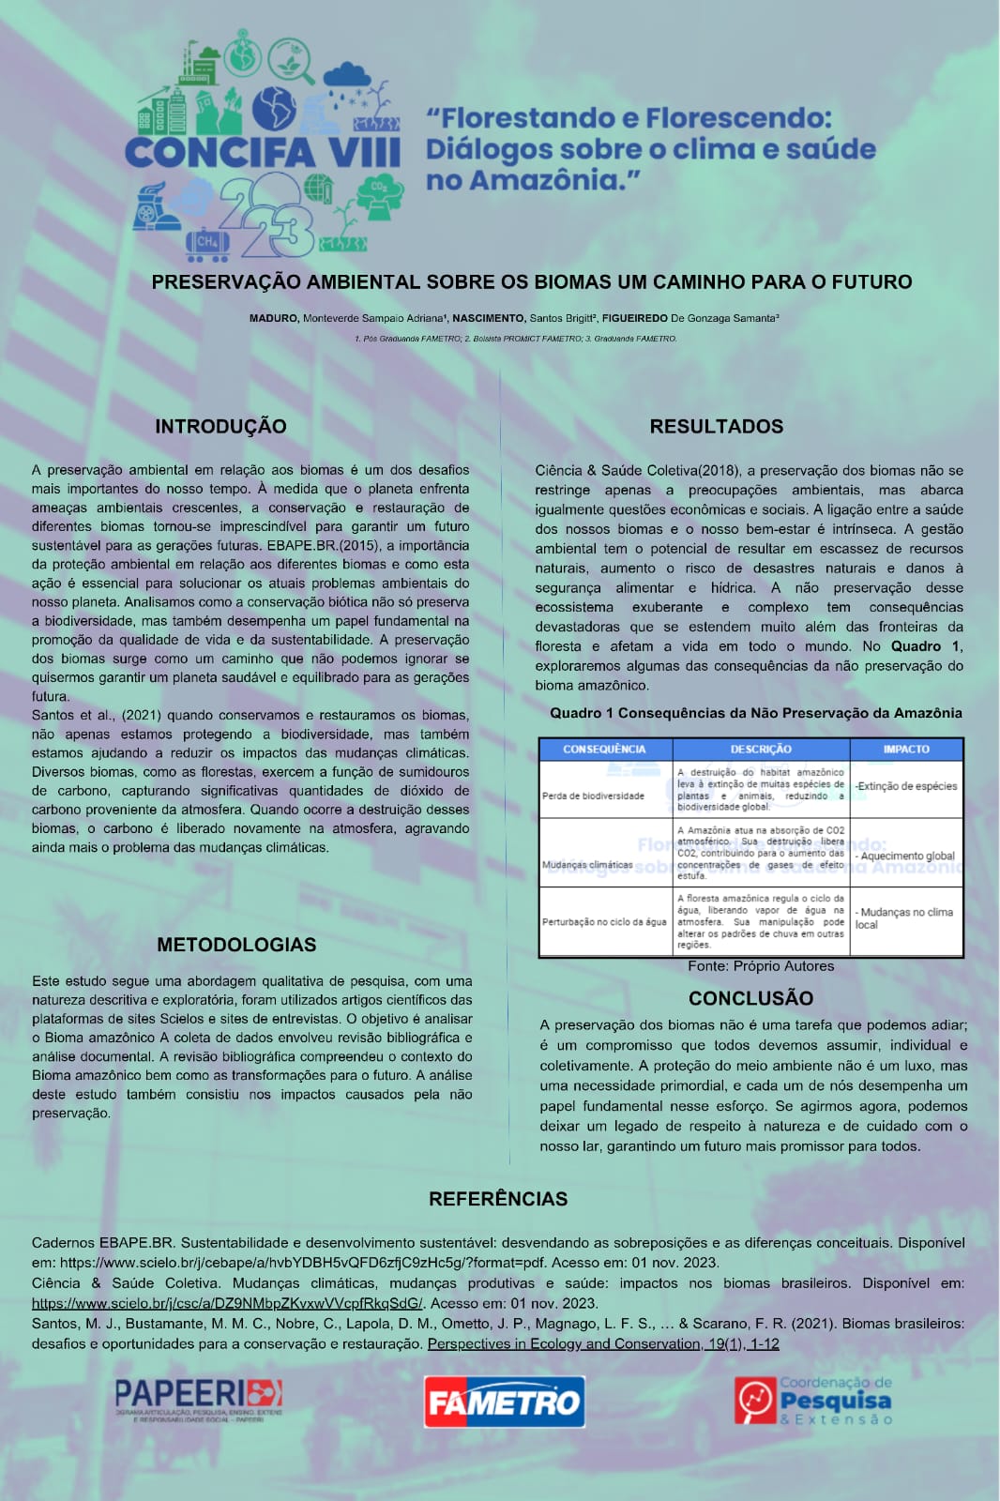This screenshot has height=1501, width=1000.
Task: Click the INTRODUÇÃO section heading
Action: tap(220, 426)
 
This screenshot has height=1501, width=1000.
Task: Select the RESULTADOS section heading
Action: tap(716, 426)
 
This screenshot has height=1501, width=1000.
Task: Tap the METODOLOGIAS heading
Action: tap(236, 945)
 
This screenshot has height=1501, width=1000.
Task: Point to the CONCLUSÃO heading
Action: tap(750, 998)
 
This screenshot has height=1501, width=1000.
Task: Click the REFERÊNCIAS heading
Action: tap(498, 1199)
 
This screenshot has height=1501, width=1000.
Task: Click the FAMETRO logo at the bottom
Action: tap(504, 1402)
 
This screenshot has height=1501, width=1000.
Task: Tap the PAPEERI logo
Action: tap(198, 1399)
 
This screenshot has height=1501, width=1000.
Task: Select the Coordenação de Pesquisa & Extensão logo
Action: tap(813, 1401)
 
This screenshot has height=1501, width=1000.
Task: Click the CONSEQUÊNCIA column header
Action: tap(604, 750)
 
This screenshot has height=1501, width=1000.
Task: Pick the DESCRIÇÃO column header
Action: tap(761, 750)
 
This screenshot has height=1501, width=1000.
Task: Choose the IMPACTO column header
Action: tap(906, 750)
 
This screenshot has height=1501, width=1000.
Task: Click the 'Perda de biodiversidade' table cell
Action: tap(593, 796)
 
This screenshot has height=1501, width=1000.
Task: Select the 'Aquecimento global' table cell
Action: tap(905, 856)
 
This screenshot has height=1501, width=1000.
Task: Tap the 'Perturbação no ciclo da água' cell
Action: tap(604, 921)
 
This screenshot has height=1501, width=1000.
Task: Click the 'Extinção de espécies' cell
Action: tap(906, 786)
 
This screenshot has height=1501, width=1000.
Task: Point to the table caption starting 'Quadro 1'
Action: tap(755, 713)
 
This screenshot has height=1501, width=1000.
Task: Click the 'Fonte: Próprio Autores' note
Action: tap(760, 966)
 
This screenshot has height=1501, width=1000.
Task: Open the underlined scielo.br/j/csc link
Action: tap(228, 1303)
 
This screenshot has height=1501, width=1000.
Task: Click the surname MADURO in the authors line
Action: tap(273, 318)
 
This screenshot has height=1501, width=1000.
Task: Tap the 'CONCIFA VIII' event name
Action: tap(262, 153)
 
